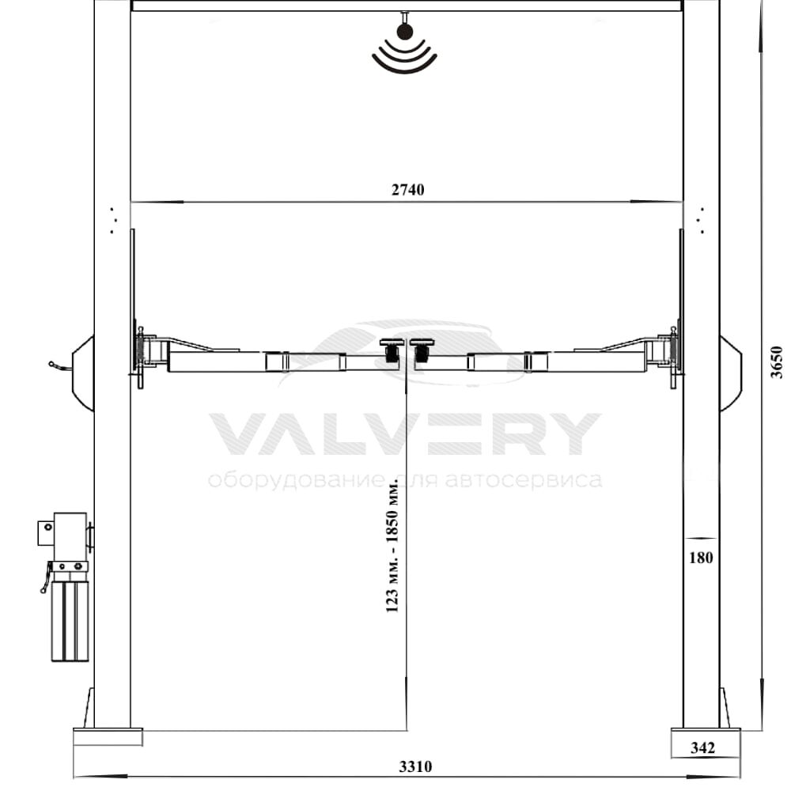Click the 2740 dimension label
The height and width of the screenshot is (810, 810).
(407, 190)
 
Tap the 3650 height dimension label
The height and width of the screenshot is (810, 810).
(777, 362)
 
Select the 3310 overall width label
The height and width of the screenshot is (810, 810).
(415, 766)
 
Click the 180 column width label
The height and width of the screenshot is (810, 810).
(701, 558)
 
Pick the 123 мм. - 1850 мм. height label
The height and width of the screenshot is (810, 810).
(392, 547)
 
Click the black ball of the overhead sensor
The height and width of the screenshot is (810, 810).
(405, 32)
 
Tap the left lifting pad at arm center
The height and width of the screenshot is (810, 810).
(392, 350)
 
